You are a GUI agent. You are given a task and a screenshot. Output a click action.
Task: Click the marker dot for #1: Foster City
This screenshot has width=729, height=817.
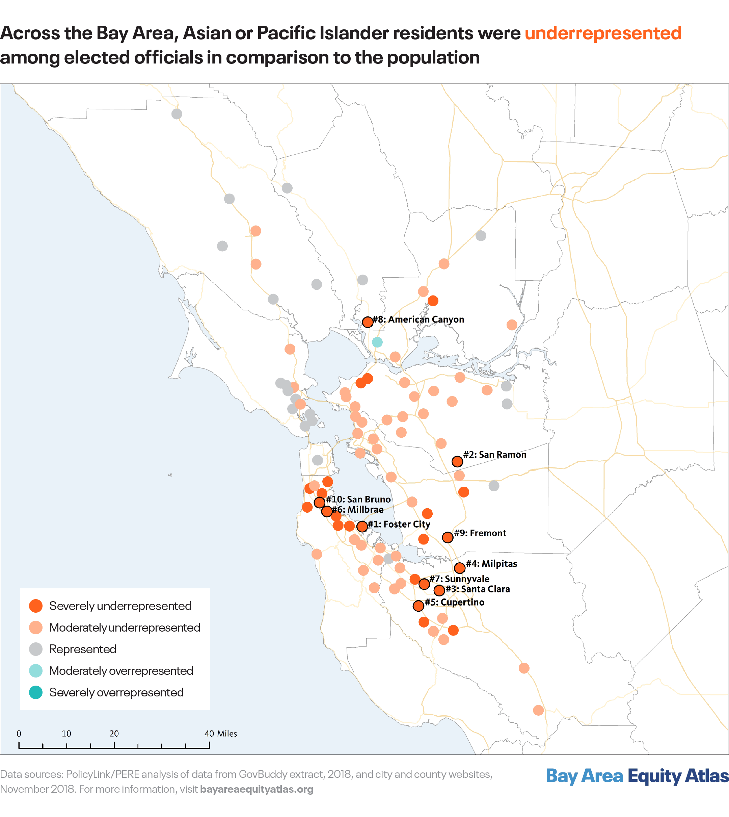click(x=362, y=526)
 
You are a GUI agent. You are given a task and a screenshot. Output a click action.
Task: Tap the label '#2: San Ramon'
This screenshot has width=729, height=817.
click(x=494, y=455)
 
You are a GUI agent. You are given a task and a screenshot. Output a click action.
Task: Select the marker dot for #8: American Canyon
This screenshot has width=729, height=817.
click(x=367, y=322)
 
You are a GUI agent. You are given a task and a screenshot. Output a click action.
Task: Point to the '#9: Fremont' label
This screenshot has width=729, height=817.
click(x=480, y=533)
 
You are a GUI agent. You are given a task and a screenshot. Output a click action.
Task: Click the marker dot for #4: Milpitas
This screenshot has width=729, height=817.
click(x=459, y=568)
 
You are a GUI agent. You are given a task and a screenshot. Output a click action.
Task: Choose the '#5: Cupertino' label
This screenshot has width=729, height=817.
click(x=454, y=602)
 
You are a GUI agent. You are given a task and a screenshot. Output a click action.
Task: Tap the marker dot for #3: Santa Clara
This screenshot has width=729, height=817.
click(x=439, y=590)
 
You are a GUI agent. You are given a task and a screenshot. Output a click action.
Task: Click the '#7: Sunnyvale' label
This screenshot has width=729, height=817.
click(x=459, y=579)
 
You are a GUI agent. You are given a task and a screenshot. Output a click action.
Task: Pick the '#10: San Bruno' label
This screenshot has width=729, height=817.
click(x=358, y=500)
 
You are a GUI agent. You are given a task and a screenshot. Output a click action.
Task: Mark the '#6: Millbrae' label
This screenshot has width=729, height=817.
click(x=357, y=510)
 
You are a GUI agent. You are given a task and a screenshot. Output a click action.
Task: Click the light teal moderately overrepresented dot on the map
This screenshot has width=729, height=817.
click(x=377, y=342)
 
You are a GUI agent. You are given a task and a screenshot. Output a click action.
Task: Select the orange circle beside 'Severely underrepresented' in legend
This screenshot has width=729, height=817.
click(x=36, y=606)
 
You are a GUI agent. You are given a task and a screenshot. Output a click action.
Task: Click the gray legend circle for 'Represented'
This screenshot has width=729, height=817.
click(x=36, y=649)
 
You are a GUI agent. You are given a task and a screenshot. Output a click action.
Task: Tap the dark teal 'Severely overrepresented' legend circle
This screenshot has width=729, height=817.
click(x=36, y=692)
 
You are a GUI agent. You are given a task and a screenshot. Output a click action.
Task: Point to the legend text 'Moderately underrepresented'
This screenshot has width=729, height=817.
click(x=125, y=628)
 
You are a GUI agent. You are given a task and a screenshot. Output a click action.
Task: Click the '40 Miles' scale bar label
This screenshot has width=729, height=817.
click(x=221, y=734)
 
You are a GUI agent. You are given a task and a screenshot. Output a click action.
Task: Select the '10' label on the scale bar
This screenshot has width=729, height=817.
click(x=66, y=734)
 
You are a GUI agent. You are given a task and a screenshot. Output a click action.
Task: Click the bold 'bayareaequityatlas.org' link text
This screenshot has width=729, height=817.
click(x=256, y=789)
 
